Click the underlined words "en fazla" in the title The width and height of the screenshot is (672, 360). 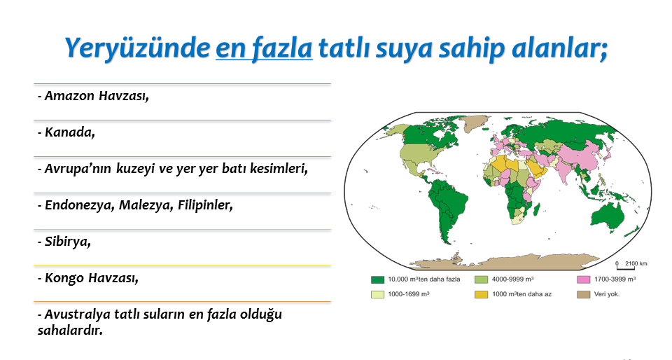(x=264, y=48)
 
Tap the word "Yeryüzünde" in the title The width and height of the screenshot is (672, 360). (x=137, y=48)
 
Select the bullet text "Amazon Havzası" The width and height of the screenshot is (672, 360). (x=97, y=95)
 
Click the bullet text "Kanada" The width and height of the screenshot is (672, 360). (x=69, y=132)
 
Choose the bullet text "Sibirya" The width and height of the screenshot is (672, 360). (x=67, y=242)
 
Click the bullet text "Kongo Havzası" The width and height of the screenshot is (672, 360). (x=91, y=278)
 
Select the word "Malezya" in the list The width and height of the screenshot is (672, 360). (x=146, y=205)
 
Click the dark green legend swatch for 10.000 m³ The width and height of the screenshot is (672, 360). (x=377, y=280)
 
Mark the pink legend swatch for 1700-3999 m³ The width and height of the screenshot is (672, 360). (x=584, y=280)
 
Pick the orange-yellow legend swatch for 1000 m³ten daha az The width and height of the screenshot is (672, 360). (x=482, y=294)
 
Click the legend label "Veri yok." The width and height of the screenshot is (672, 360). (x=607, y=294)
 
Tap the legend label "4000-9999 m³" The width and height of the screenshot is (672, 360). (x=512, y=279)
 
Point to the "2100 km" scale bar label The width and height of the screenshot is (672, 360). (x=636, y=263)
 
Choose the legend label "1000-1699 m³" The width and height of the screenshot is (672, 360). (x=409, y=294)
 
